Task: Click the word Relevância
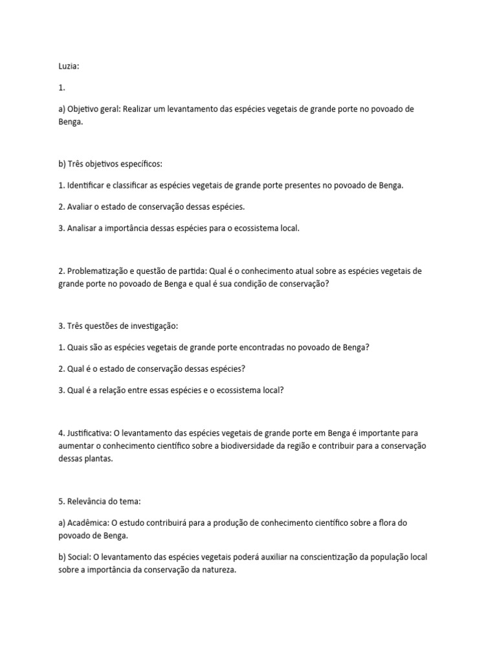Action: [90, 501]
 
